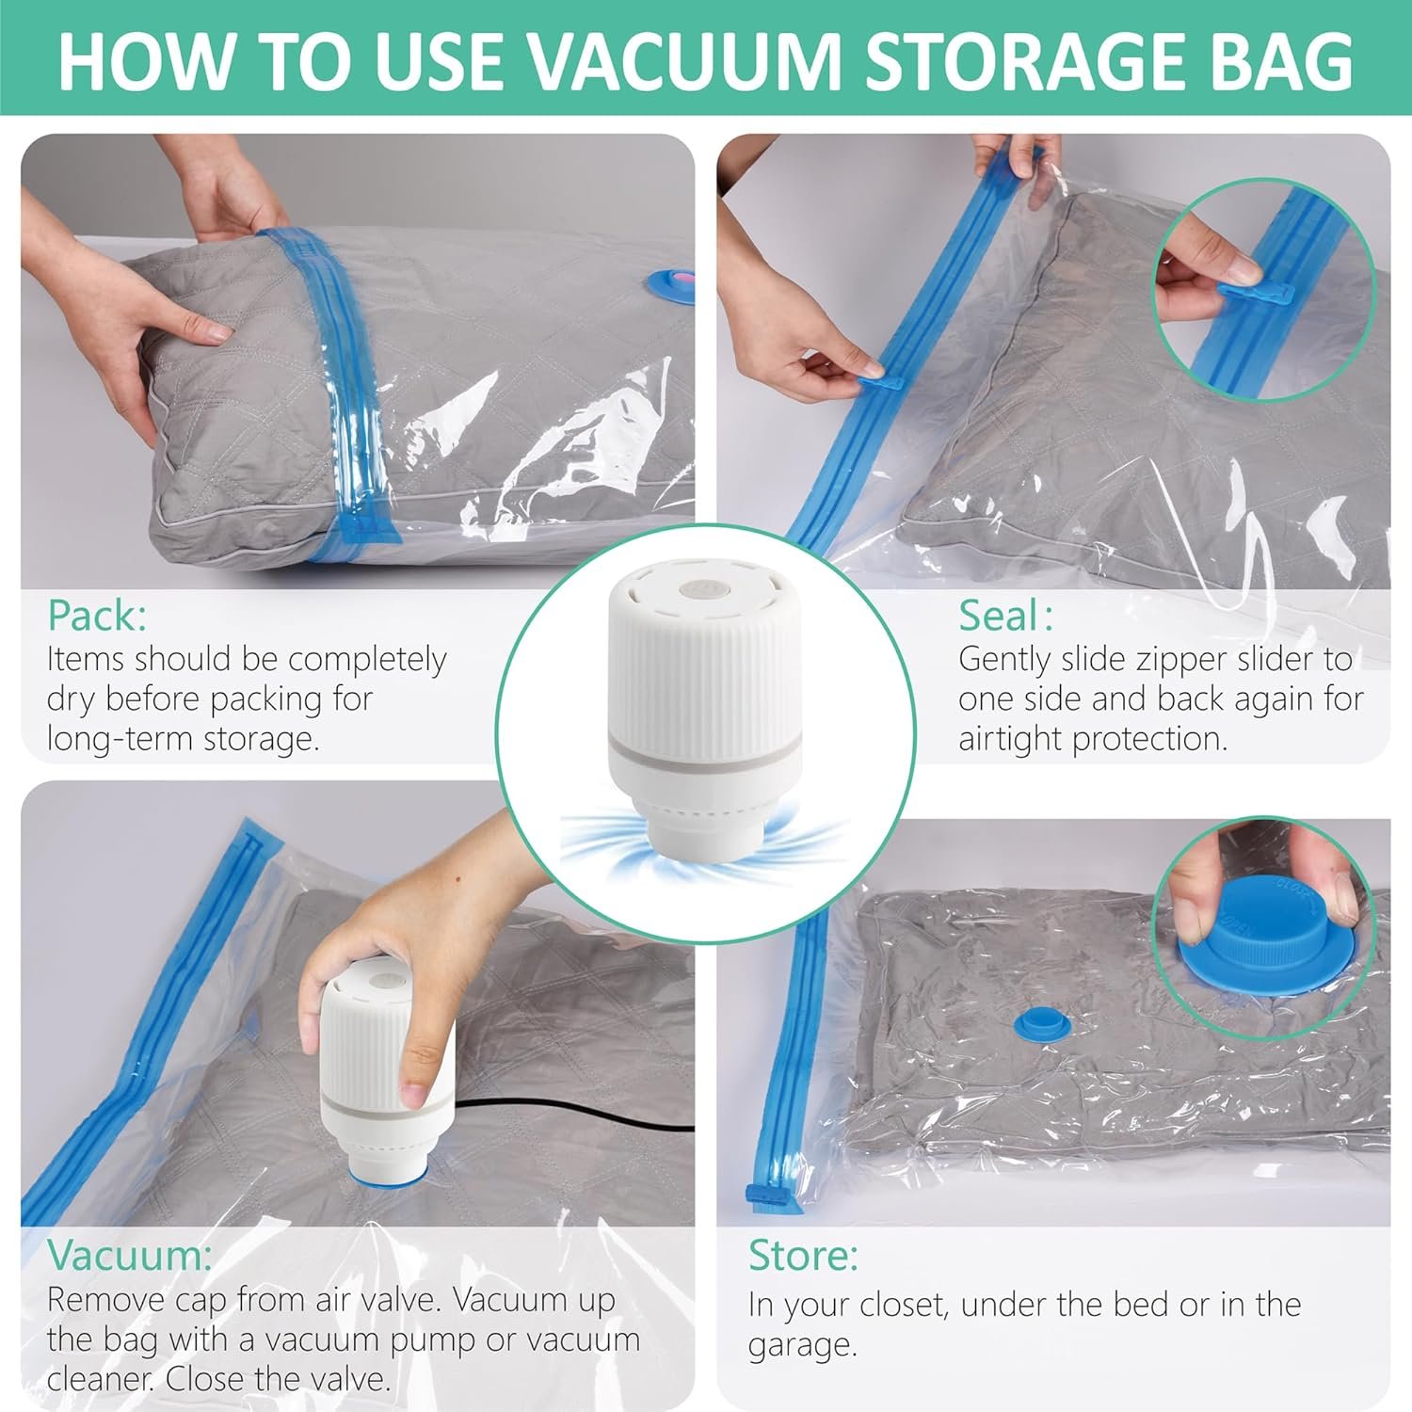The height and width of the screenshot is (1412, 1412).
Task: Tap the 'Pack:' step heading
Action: click(x=98, y=616)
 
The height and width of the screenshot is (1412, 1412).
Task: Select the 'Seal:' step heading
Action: click(x=1005, y=616)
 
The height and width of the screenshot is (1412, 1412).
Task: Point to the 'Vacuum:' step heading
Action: click(x=130, y=1255)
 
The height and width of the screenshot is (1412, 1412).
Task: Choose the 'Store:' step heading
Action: click(x=803, y=1255)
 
